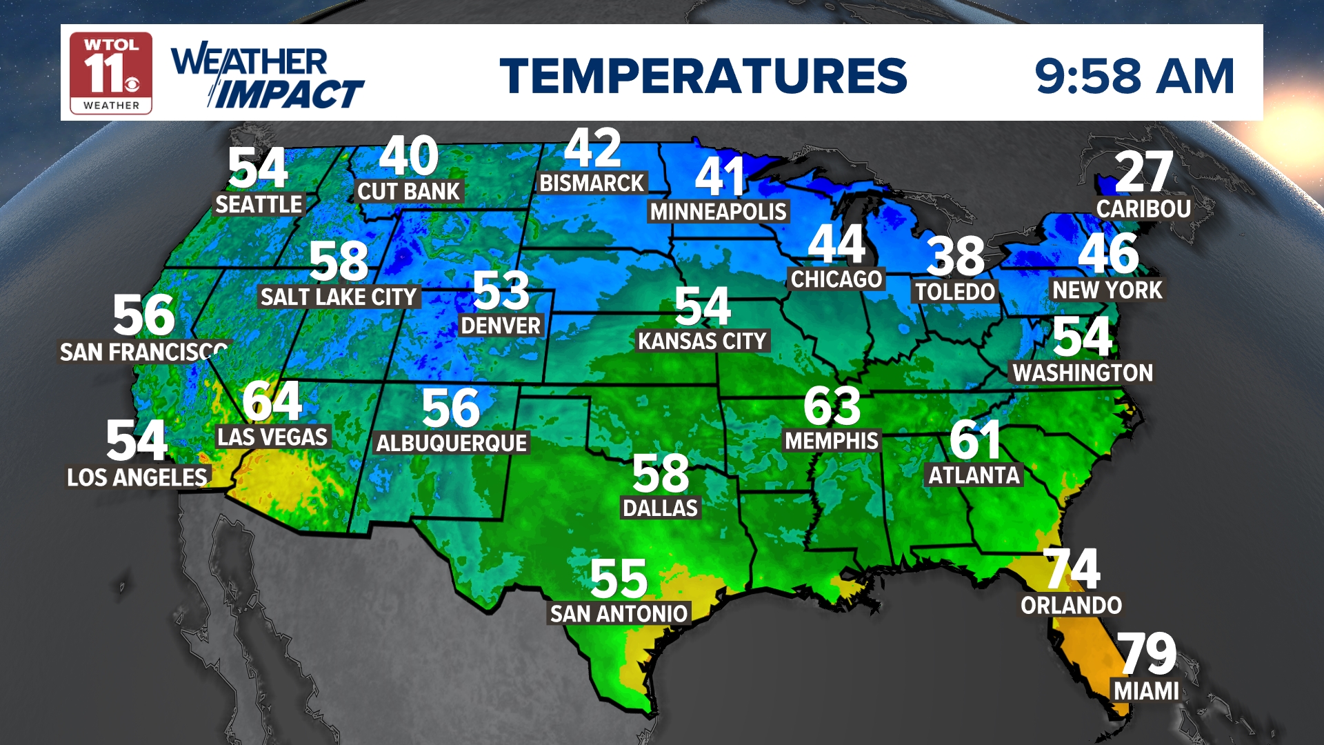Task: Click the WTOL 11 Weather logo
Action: [111, 73]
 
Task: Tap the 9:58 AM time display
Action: [1134, 76]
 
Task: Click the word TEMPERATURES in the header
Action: [703, 76]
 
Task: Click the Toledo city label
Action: [955, 292]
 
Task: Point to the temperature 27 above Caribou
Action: [1143, 172]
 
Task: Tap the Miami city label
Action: [1146, 691]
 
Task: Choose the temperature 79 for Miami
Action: [1146, 653]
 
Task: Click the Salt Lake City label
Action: [339, 297]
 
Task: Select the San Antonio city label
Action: [619, 613]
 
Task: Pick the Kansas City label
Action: [702, 341]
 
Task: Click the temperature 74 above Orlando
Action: [1072, 569]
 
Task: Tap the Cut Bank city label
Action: [408, 191]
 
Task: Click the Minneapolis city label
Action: [718, 211]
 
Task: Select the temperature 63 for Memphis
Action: [832, 406]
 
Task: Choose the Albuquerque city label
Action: [452, 443]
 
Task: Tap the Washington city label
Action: [1082, 372]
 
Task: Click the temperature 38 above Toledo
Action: [955, 256]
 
